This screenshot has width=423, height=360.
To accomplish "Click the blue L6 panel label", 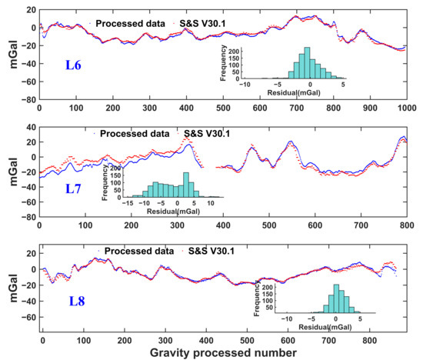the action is [73, 65].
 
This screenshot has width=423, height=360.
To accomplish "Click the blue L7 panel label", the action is [73, 188].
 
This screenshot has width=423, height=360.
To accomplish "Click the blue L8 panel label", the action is [77, 302].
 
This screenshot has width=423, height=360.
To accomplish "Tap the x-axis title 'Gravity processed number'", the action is [223, 353].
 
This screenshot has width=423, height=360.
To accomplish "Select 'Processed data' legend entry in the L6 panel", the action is [130, 24].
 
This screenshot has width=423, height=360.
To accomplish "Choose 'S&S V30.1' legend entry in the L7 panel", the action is [207, 134].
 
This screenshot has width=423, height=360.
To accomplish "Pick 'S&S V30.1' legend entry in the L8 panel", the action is [211, 251].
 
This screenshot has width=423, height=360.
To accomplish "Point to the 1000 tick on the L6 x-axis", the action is [407, 108].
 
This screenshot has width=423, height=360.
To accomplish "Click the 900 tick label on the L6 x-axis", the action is [370, 108].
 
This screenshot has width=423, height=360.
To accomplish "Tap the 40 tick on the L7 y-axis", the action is [31, 127].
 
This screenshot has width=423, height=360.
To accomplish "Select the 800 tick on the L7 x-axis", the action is [407, 225].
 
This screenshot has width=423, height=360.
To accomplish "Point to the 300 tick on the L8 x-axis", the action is [165, 340].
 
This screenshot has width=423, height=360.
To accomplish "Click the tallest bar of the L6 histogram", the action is [307, 63].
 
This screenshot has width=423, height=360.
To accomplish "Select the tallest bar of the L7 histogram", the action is [186, 185].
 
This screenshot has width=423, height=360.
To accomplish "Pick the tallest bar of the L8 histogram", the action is [336, 298].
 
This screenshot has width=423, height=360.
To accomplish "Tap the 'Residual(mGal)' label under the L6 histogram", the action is [294, 93].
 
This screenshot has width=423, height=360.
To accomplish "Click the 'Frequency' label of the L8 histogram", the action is [257, 298].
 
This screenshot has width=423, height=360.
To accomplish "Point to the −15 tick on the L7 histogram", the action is [128, 203].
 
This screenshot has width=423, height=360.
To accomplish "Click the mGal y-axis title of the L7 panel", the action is [14, 172].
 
